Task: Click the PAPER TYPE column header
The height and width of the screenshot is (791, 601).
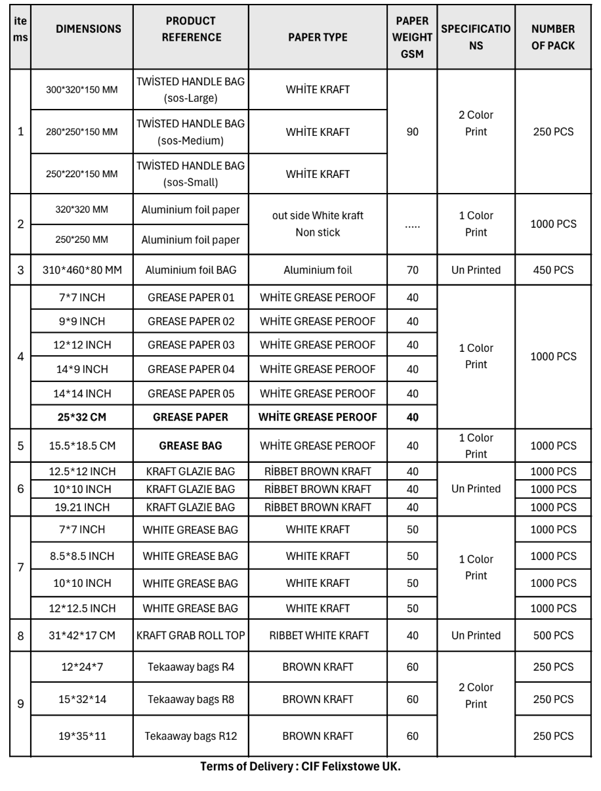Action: click(318, 37)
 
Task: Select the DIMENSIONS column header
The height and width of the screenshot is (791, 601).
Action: click(88, 30)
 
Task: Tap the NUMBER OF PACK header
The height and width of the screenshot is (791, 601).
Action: click(553, 37)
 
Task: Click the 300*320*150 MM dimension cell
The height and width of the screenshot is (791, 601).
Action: click(81, 89)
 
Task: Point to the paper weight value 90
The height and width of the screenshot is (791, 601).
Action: click(413, 131)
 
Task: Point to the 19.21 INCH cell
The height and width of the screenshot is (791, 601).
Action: click(81, 506)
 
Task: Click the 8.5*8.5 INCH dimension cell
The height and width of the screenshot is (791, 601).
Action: click(81, 556)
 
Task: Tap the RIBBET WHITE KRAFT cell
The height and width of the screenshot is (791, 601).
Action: click(318, 635)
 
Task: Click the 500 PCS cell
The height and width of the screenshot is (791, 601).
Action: click(553, 635)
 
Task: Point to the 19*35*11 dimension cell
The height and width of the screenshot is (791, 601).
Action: click(81, 735)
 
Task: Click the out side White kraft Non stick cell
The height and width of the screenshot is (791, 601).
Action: click(318, 224)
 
